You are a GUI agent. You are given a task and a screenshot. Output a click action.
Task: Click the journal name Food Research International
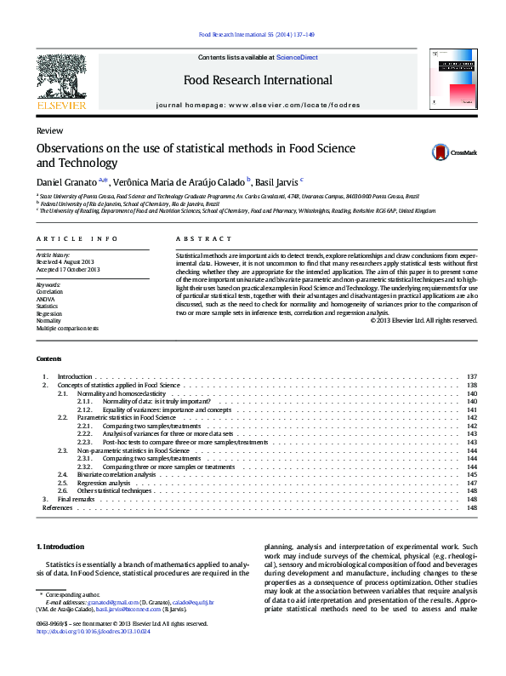coord(258,80)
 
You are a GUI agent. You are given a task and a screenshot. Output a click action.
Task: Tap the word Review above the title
coord(48,130)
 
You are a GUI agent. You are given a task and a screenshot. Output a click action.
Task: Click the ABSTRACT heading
coord(203,239)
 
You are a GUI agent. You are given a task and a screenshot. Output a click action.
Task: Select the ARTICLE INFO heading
coord(77,239)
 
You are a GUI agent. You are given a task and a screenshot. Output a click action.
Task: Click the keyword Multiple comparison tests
coord(67,328)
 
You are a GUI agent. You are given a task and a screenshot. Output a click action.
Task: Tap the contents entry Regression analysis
coord(104,482)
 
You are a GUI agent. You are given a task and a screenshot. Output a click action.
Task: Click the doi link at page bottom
coord(94,632)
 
